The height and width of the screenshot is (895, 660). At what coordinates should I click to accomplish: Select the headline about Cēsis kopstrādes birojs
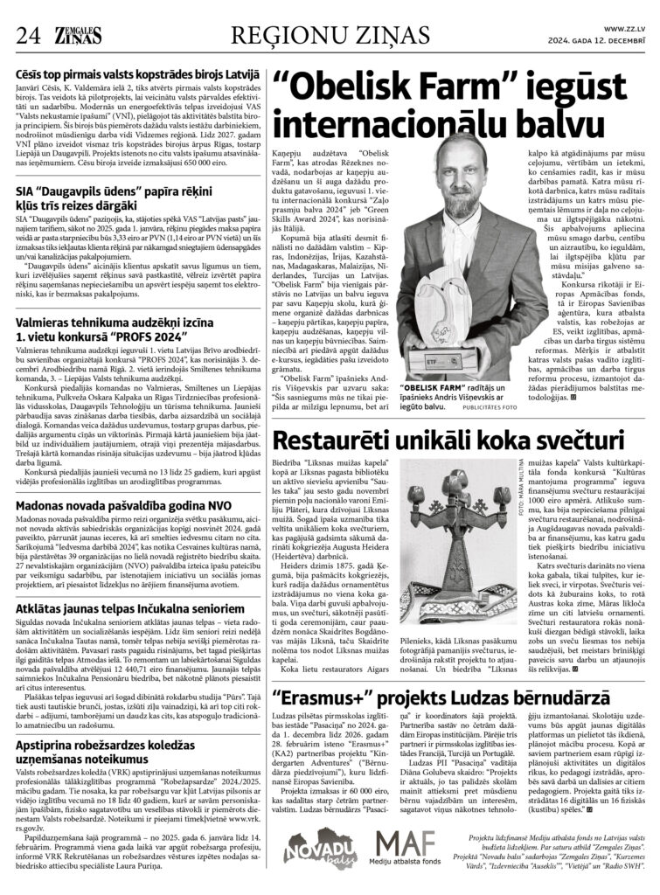pyautogui.click(x=136, y=78)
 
